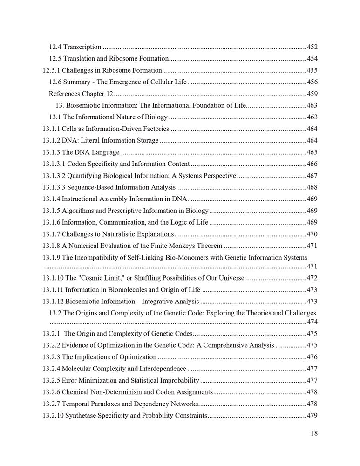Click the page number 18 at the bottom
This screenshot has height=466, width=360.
click(313, 433)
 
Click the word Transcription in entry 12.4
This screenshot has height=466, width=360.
click(82, 47)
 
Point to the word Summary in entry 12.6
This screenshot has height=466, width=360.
click(76, 82)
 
